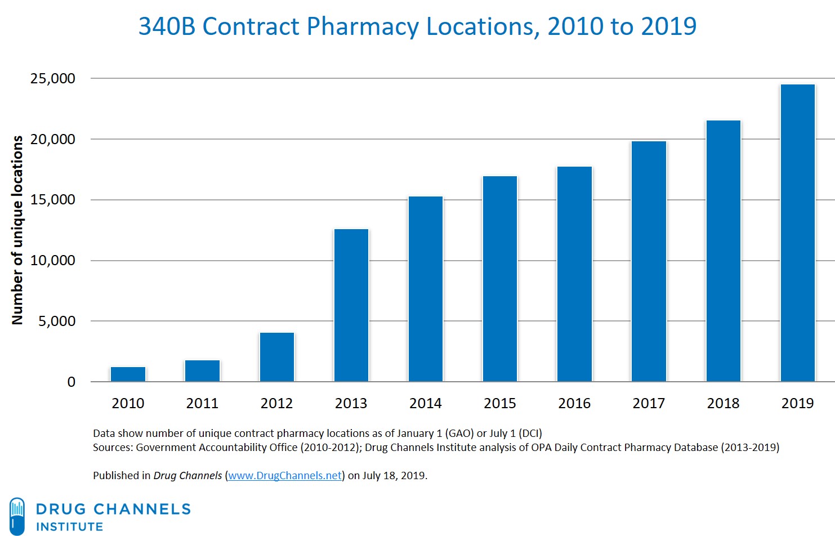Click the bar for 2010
[x=128, y=374]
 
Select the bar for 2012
[x=276, y=357]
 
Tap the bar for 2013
[x=351, y=305]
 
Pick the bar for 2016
[x=574, y=274]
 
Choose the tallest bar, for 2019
[x=797, y=233]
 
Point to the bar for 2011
[x=202, y=370]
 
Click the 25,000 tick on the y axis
[x=52, y=78]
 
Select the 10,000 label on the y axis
[x=52, y=260]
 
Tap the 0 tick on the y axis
[x=71, y=382]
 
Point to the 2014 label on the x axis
[x=425, y=403]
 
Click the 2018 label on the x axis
[x=723, y=403]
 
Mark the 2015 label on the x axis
[x=499, y=403]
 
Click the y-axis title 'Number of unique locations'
[x=17, y=230]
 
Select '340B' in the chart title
[x=167, y=26]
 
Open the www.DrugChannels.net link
[x=285, y=476]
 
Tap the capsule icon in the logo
[x=17, y=516]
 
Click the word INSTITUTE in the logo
[x=70, y=527]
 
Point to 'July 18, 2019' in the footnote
[x=394, y=476]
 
